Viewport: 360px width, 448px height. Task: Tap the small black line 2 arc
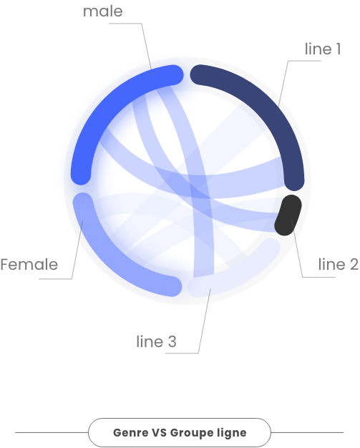tap(288, 215)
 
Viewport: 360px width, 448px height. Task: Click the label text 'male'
tap(103, 11)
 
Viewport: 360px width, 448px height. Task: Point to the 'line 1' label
tap(323, 49)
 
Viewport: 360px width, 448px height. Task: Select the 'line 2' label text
tap(339, 264)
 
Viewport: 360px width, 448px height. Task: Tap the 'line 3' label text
tap(156, 341)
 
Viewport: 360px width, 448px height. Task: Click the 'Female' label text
tap(29, 264)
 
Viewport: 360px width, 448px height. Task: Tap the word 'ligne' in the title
tap(232, 433)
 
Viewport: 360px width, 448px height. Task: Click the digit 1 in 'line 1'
tap(339, 49)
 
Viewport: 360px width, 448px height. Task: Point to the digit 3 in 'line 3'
tap(172, 341)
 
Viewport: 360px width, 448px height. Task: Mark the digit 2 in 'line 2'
tap(354, 264)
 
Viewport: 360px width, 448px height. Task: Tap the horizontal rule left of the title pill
tap(52, 432)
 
